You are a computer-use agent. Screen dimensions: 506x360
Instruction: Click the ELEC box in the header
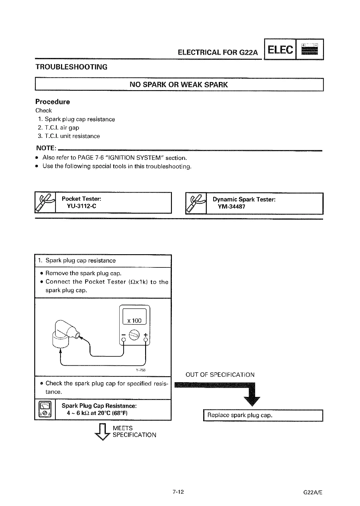pos(280,50)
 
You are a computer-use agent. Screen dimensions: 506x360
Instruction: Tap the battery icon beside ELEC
pos(310,50)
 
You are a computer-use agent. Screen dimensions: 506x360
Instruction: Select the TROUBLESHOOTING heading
pos(72,67)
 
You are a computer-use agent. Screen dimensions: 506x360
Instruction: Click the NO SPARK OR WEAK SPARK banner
pos(179,85)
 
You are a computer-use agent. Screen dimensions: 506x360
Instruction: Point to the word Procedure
pos(53,102)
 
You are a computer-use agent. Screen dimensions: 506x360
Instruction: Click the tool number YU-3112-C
pos(81,206)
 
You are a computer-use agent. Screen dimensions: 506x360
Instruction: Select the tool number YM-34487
pos(232,206)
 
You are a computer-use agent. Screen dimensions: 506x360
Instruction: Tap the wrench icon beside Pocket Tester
pos(45,203)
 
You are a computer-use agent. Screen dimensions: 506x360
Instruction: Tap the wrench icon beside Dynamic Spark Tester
pos(196,203)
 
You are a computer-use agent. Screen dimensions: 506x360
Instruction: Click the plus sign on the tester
pos(146,334)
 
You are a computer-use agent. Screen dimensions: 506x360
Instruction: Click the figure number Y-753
pos(141,370)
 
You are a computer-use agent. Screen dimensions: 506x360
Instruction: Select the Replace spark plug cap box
pos(263,415)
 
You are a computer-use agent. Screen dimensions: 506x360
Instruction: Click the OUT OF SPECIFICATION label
pos(220,375)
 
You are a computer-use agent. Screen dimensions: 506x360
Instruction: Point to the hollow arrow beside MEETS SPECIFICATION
pos(103,431)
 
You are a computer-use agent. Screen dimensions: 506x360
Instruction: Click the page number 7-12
pos(178,492)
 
